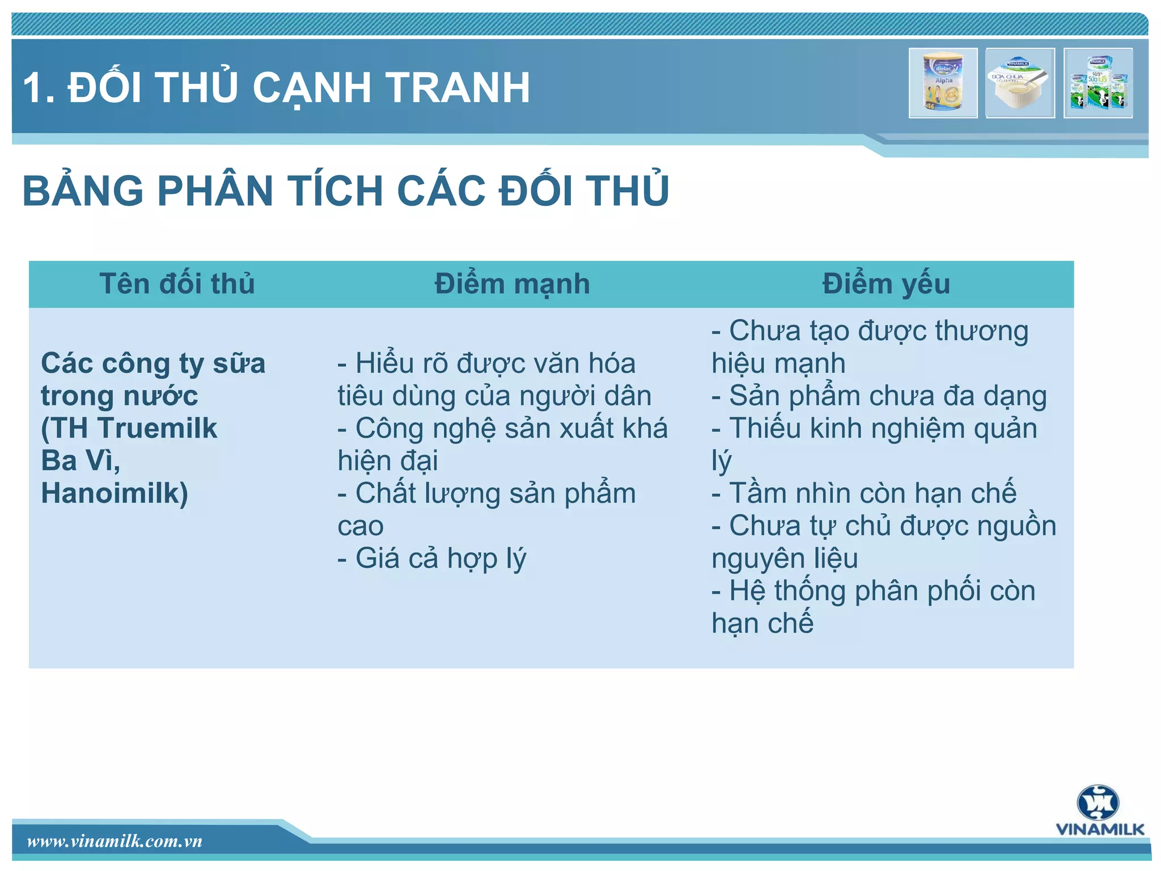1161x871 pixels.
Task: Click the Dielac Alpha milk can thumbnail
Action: coord(943,83)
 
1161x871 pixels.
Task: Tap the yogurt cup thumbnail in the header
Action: coord(1020,83)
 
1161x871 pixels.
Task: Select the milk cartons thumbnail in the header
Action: coord(1098,83)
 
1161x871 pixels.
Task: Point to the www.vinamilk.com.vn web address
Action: coord(115,841)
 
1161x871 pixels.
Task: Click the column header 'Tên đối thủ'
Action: coord(177,284)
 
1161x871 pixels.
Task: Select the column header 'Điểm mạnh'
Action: coord(512,284)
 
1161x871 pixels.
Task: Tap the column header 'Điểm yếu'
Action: coord(886,284)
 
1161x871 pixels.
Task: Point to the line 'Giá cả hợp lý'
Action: coord(432,558)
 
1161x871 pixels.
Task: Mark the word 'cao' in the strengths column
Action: coord(361,526)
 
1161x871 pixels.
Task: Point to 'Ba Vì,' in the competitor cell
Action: coord(80,460)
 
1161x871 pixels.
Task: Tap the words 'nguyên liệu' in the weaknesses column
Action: coord(785,558)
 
